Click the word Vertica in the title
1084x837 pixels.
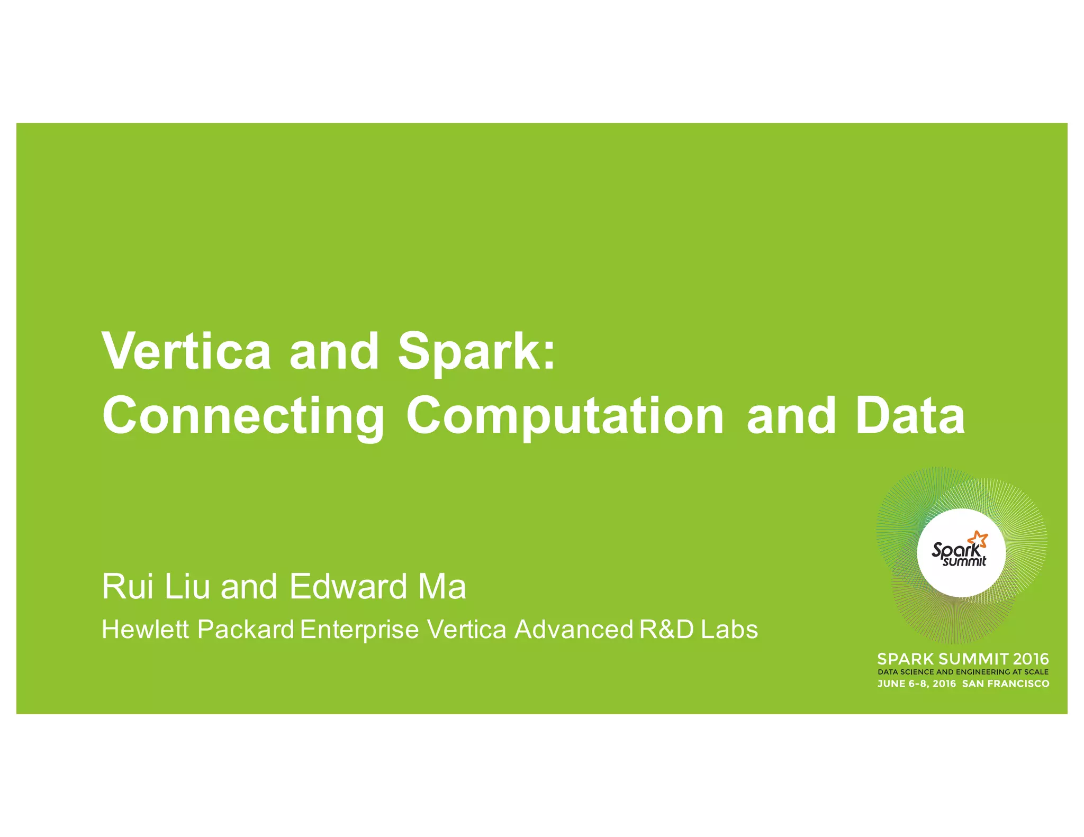click(x=186, y=352)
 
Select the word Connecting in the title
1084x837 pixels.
click(x=243, y=418)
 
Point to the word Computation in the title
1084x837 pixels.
click(x=565, y=418)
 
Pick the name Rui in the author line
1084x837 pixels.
click(x=128, y=587)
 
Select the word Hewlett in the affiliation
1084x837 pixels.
click(x=144, y=630)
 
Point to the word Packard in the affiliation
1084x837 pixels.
click(x=246, y=630)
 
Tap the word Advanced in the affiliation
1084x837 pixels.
click(x=574, y=630)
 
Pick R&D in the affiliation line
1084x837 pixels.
click(x=666, y=630)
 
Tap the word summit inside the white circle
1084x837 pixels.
click(x=964, y=561)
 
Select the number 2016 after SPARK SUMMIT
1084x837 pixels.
click(x=1031, y=659)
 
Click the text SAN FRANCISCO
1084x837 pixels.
click(x=1005, y=684)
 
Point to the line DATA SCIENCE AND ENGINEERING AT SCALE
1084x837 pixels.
click(x=963, y=672)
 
